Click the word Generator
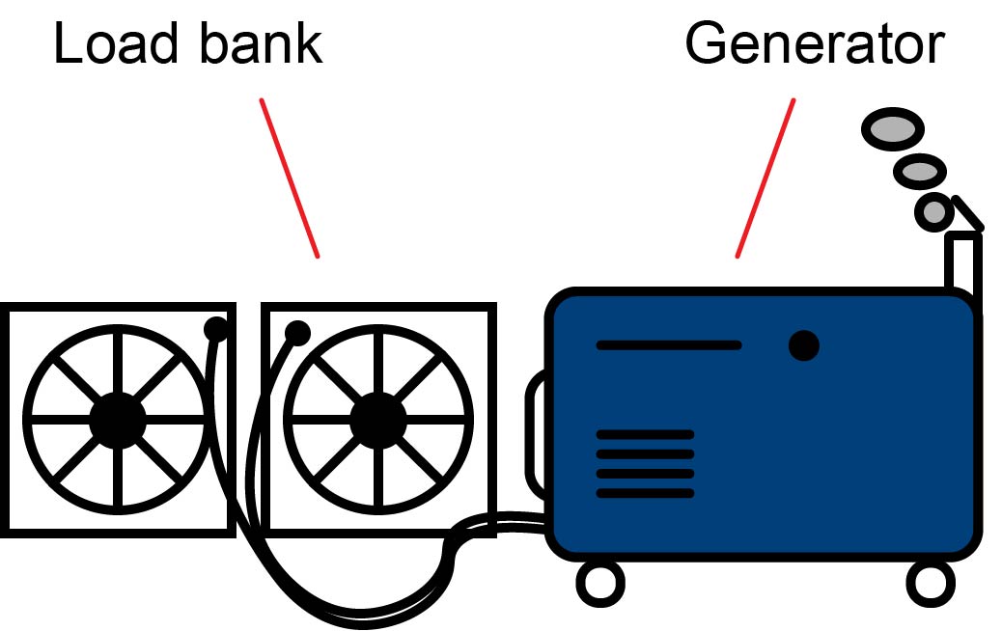click(814, 44)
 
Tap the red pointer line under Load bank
click(289, 178)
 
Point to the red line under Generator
click(765, 178)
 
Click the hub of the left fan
click(117, 420)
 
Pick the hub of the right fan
click(377, 420)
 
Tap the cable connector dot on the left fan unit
click(216, 329)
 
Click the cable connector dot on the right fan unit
click(297, 333)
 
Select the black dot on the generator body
click(803, 345)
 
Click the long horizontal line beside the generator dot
click(669, 345)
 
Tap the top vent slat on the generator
click(645, 434)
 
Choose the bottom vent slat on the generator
click(645, 493)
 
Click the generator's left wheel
click(599, 582)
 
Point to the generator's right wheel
click(930, 582)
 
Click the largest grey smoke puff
click(892, 129)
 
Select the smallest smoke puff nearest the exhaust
click(933, 211)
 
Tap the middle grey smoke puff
click(919, 173)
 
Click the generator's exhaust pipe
click(963, 261)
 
